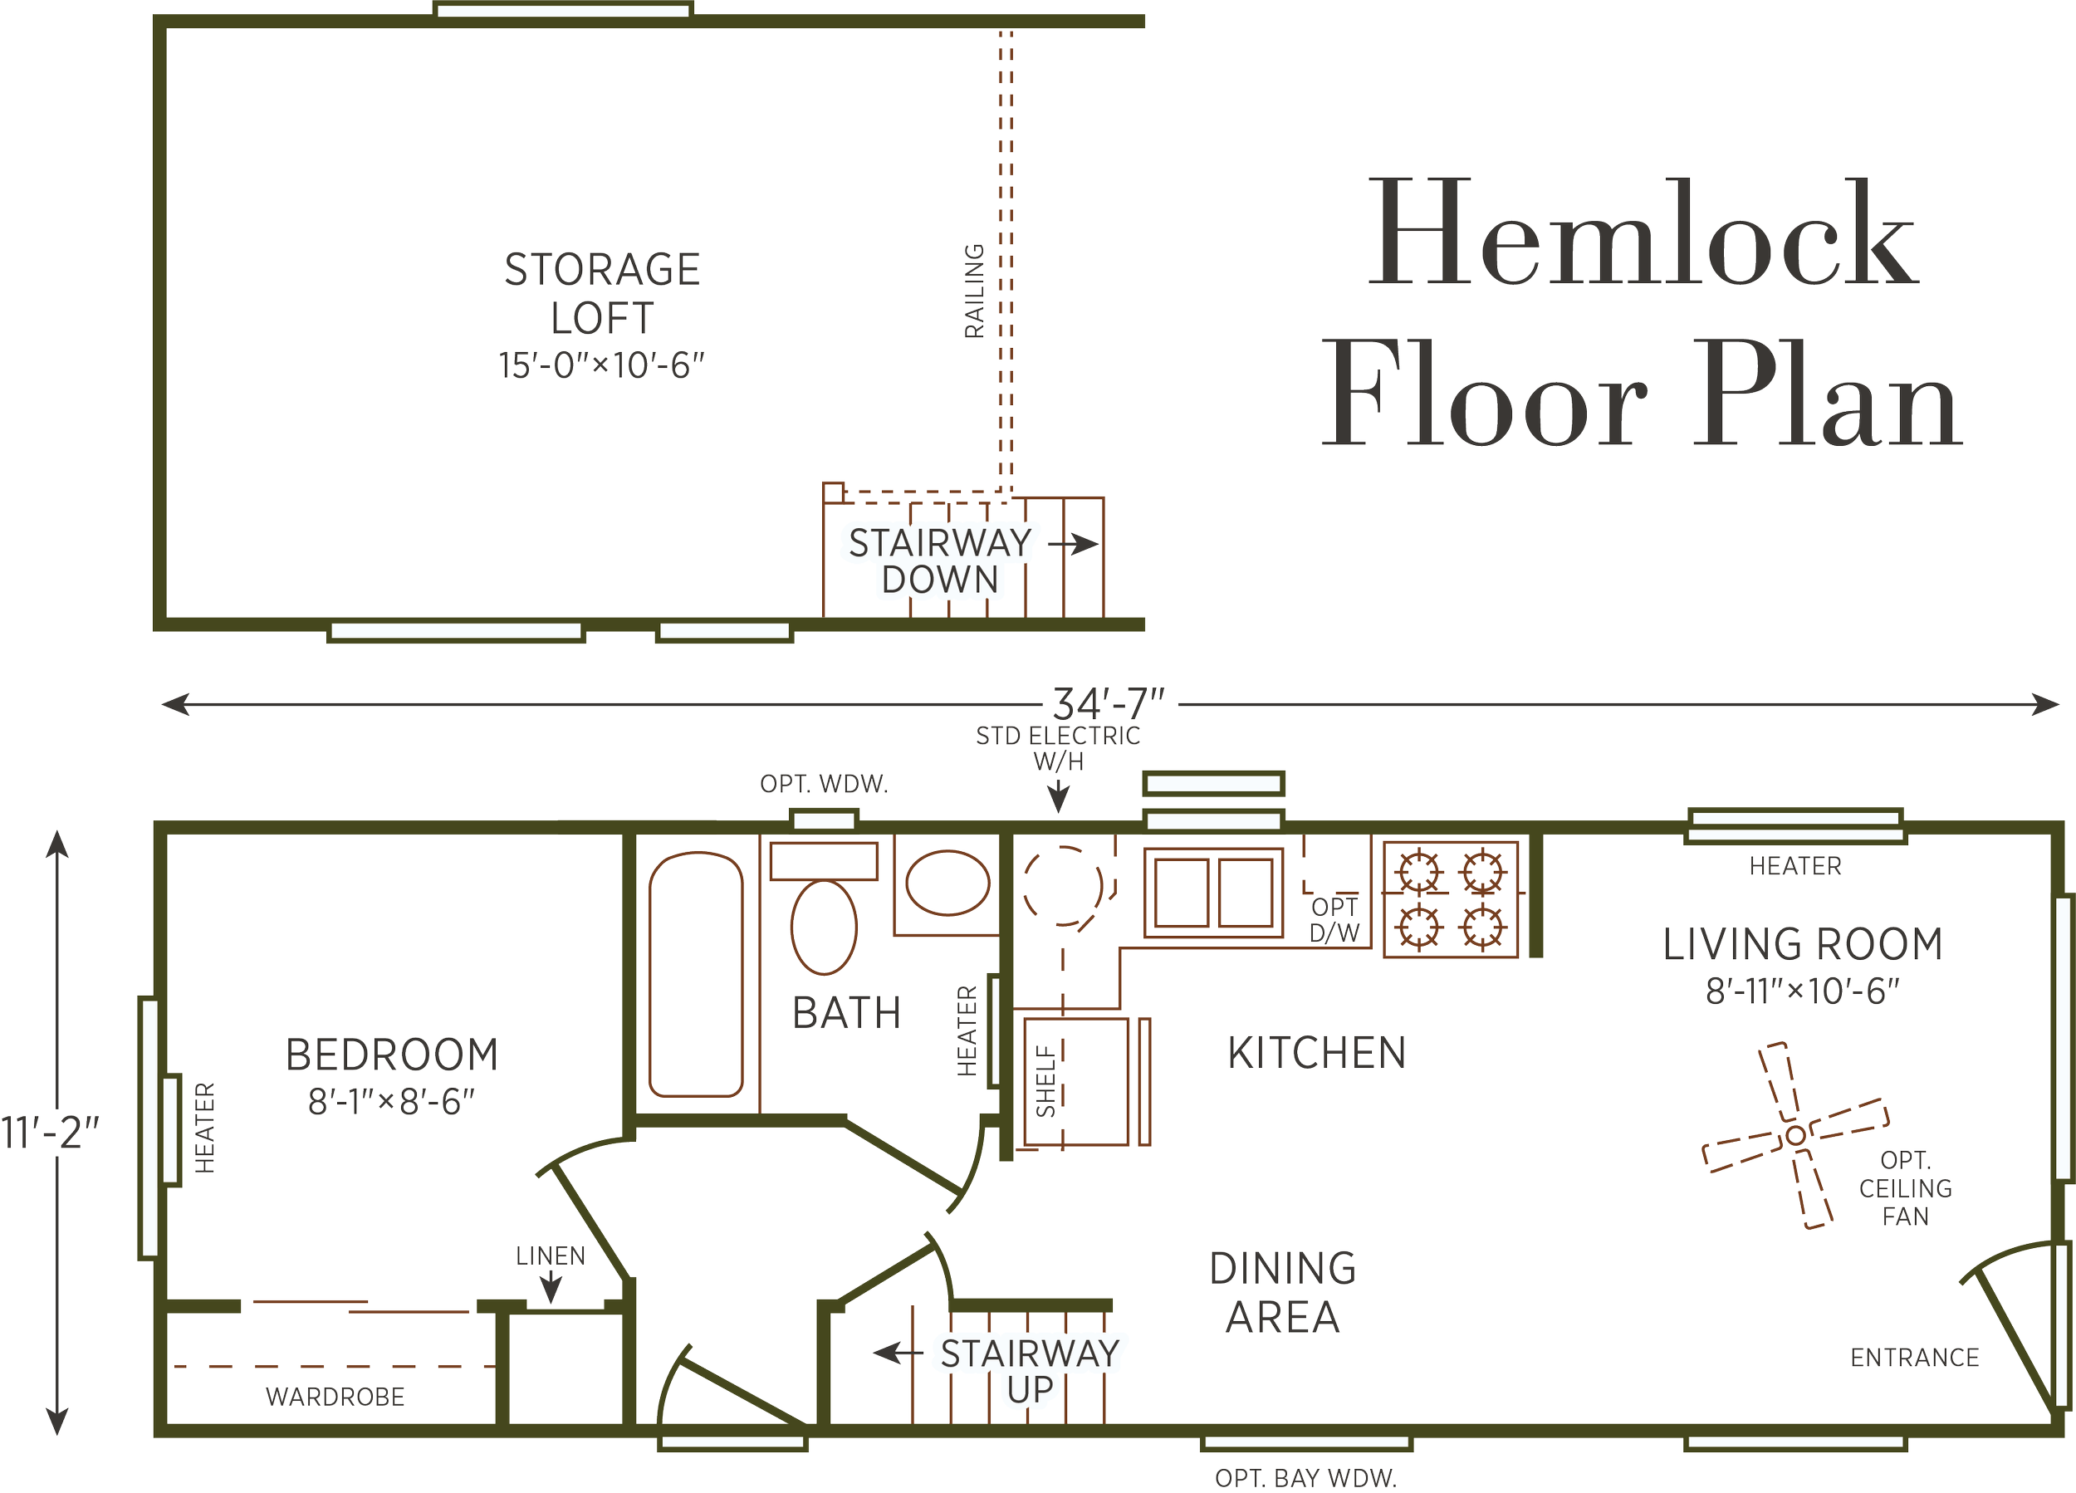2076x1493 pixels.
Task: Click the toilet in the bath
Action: [x=823, y=927]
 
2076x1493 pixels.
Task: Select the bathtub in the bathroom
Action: [x=696, y=974]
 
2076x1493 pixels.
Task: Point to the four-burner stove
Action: [x=1451, y=899]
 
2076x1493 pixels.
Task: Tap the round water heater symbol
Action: [x=1065, y=884]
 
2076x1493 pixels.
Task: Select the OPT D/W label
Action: [x=1334, y=920]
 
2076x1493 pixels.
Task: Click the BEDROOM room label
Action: [x=392, y=1055]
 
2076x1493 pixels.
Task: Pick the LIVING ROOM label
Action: [x=1802, y=946]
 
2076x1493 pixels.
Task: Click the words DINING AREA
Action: [x=1282, y=1293]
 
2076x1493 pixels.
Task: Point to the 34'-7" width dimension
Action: [x=1109, y=705]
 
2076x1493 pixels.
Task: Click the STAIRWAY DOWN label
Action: [x=939, y=561]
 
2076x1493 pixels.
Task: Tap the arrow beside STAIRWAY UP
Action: [x=894, y=1352]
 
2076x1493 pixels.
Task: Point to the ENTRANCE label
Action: [x=1915, y=1358]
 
